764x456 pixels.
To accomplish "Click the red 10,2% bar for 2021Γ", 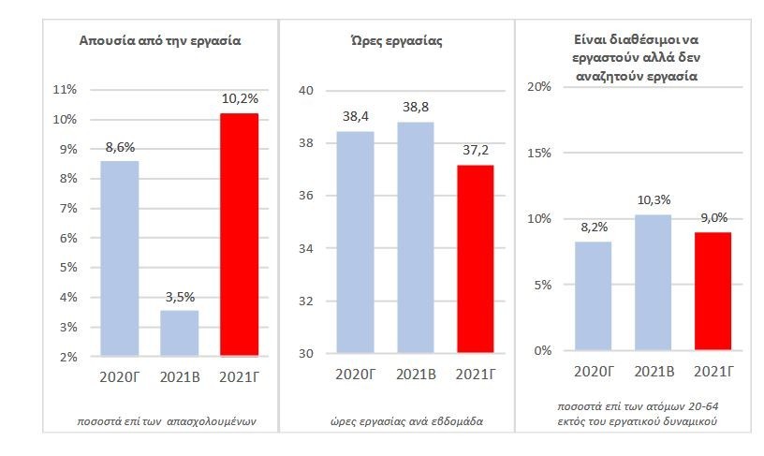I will (238, 234).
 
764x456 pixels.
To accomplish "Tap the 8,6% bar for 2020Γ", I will (119, 258).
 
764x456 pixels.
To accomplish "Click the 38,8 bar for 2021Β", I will (415, 238).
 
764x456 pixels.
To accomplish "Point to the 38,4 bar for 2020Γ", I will (356, 243).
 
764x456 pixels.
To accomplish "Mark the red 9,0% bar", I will (712, 291).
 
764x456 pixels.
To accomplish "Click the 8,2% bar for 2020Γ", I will (593, 296).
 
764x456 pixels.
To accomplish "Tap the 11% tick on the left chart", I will (67, 90).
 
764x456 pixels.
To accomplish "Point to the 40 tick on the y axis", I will (305, 91).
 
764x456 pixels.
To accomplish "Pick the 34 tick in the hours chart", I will (305, 249).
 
